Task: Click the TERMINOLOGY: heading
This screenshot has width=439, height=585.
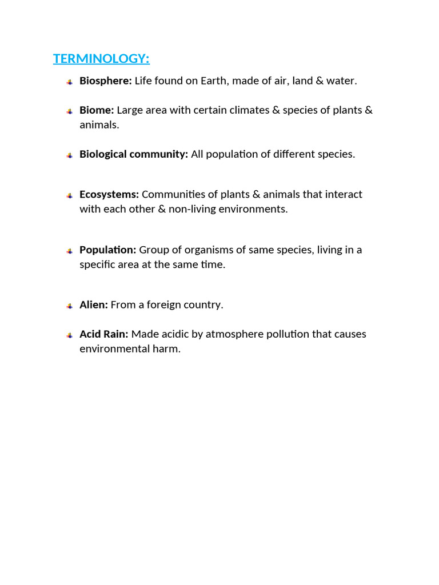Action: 101,59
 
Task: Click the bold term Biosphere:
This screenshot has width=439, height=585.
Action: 106,81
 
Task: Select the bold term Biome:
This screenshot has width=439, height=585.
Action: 97,110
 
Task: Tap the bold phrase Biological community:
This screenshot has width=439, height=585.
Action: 134,154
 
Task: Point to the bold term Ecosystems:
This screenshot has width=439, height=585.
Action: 109,194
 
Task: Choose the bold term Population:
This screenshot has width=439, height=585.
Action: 107,250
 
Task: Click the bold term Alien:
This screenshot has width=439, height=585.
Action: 94,304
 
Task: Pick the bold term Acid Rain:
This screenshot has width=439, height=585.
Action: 104,334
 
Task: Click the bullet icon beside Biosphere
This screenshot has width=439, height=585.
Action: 69,82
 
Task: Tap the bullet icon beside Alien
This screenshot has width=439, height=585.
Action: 69,306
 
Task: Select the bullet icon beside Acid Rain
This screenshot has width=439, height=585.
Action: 69,335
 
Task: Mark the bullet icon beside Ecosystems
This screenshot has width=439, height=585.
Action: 69,195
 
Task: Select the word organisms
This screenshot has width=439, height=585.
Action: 198,250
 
